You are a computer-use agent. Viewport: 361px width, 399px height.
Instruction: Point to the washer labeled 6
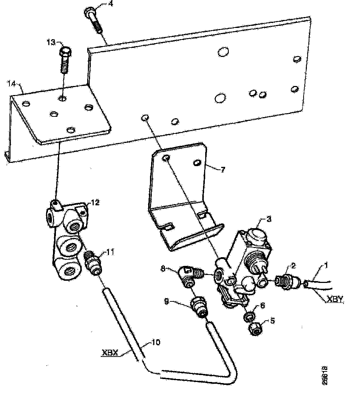pos(249,316)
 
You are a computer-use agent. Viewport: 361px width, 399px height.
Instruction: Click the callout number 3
pos(269,219)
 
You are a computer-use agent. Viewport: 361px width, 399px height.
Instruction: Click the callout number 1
pos(325,266)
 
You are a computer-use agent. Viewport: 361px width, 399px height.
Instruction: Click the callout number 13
pos(50,42)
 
